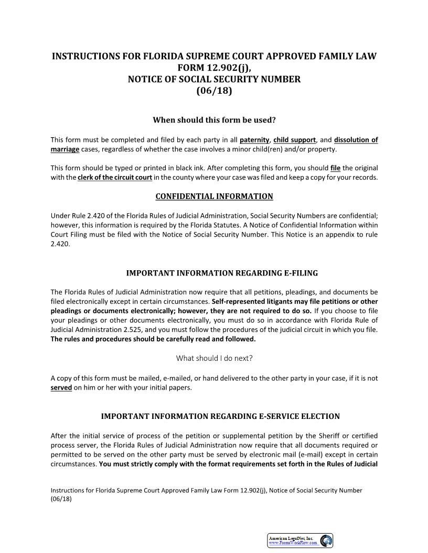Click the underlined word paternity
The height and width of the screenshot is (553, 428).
click(254, 140)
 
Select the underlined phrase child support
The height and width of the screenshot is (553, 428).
click(294, 140)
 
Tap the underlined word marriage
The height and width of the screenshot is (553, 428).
click(65, 149)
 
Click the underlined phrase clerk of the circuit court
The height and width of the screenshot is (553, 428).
click(115, 178)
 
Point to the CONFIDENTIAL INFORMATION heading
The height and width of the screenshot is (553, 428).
click(214, 196)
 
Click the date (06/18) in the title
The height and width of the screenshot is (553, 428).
click(214, 91)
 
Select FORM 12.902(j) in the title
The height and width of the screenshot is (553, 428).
click(214, 68)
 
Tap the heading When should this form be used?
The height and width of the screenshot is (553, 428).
click(214, 120)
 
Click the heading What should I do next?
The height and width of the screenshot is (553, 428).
click(214, 358)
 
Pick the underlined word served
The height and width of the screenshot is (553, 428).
click(61, 388)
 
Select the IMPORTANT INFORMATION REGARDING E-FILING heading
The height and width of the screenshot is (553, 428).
click(222, 273)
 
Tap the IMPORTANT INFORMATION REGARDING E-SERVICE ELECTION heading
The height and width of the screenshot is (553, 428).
click(220, 416)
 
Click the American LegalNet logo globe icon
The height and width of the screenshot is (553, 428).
click(326, 540)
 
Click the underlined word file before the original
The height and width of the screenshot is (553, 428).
click(336, 168)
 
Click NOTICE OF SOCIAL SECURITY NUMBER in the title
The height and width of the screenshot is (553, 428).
click(214, 79)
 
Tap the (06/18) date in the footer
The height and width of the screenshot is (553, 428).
click(61, 499)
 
